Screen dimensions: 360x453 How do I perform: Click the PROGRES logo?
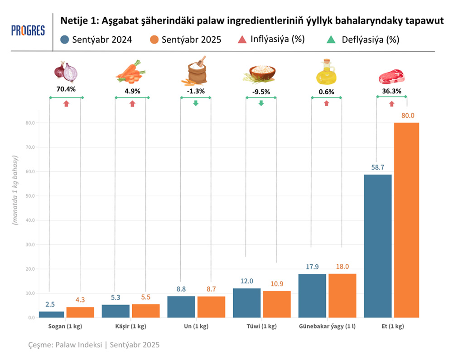[x=28, y=30]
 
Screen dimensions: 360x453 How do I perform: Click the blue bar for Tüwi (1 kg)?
[x=246, y=303]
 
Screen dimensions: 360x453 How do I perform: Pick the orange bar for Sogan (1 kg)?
[x=80, y=312]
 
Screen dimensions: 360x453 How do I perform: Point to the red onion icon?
[x=66, y=71]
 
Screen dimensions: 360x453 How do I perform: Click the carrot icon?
[x=130, y=73]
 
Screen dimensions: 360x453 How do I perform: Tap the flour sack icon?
[x=195, y=71]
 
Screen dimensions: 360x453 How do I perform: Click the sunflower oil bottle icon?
[x=326, y=72]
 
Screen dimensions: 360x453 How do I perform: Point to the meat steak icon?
[x=391, y=76]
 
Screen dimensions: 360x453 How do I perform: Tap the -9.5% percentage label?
[x=261, y=92]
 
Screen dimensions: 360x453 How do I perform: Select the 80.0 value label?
[x=408, y=116]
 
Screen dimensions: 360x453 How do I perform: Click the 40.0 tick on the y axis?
[x=30, y=220]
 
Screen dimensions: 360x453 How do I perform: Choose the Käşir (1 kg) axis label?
[x=131, y=326]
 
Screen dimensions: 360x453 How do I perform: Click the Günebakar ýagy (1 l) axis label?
[x=327, y=326]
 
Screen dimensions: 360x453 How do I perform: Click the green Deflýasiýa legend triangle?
[x=331, y=39]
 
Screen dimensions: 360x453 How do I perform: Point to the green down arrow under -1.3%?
[x=196, y=103]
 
